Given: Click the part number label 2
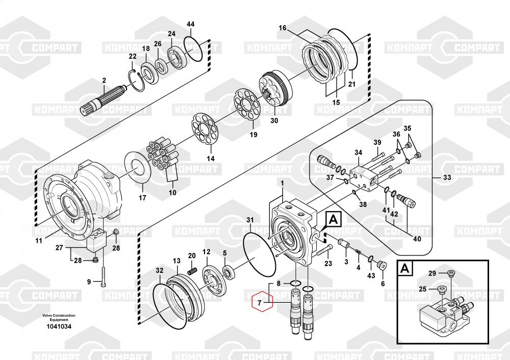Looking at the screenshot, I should pos(104,81).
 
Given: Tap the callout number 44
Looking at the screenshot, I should pos(190,24).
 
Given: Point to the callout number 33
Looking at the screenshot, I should pos(447,178).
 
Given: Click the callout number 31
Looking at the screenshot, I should pos(250,220).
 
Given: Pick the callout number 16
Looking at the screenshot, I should pos(283,28).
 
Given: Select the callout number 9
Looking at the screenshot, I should pos(88,281).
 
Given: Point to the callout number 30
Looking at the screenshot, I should pos(274,121).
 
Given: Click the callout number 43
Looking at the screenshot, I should pos(371,275).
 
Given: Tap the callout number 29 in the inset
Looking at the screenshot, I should pos(432,274).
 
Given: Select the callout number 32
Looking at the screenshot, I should pos(160,270).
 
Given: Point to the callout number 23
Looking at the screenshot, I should pos(328,263).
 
